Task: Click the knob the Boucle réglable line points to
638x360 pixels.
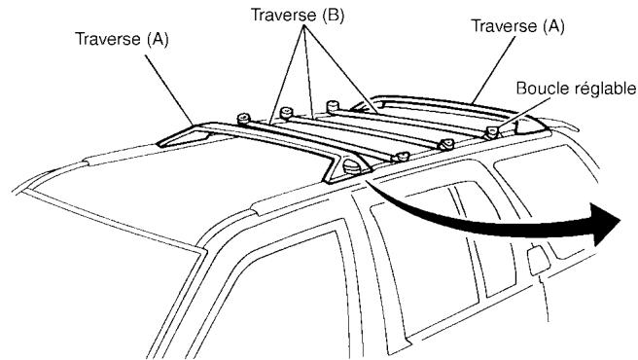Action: pyautogui.click(x=494, y=129)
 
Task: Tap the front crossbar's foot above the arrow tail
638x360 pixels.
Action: pyautogui.click(x=349, y=171)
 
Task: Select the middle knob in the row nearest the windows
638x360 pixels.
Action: pyautogui.click(x=448, y=145)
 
